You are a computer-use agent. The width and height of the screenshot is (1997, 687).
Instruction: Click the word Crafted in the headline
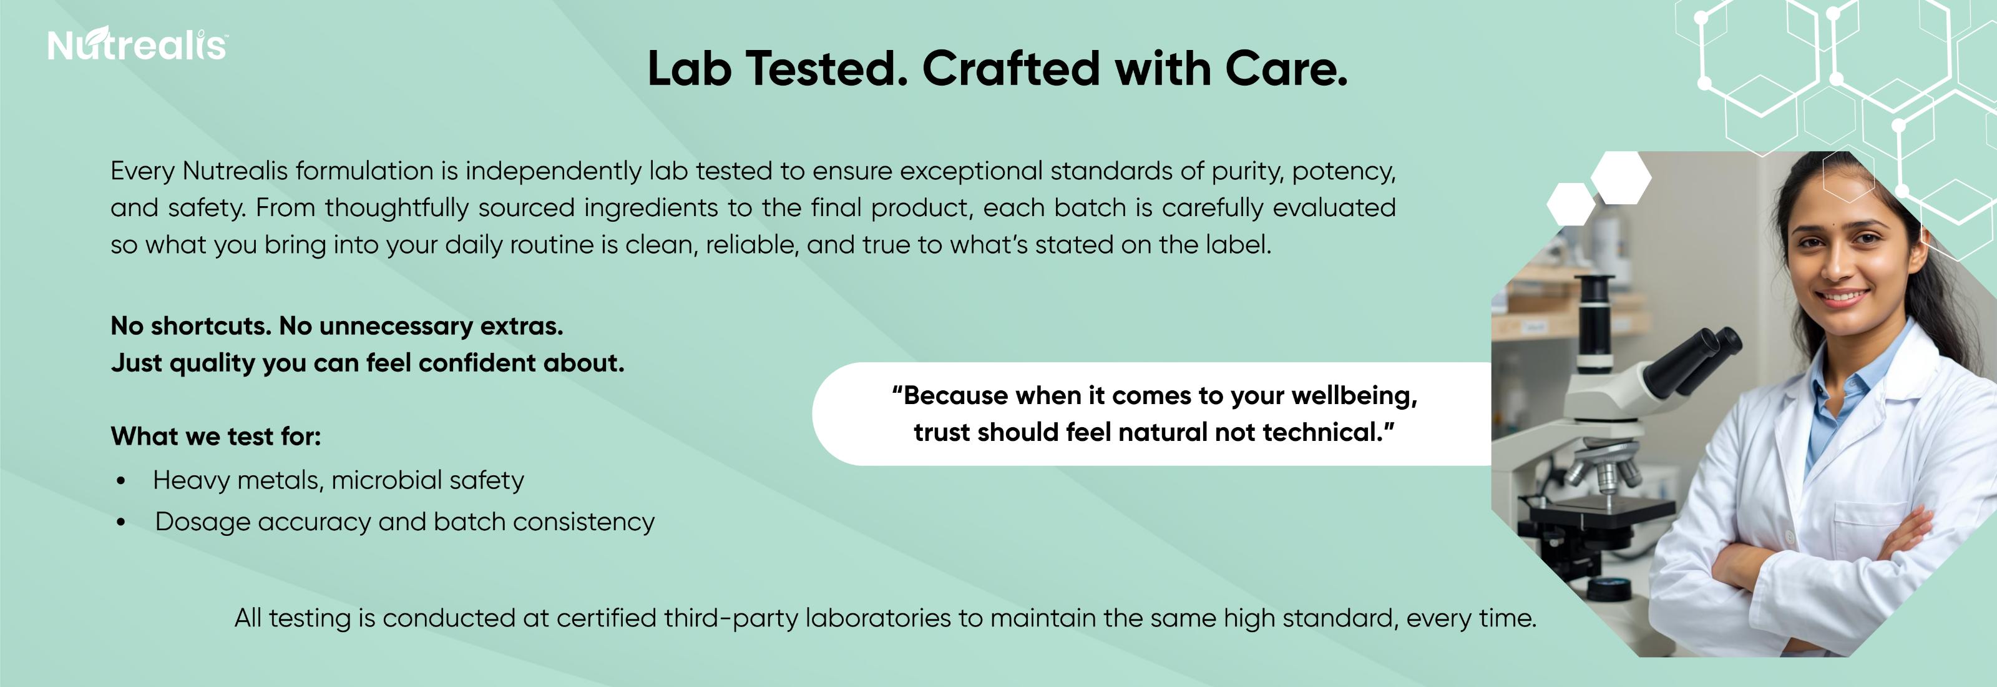pyautogui.click(x=1011, y=69)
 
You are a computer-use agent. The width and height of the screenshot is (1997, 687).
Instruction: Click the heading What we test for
pyautogui.click(x=215, y=437)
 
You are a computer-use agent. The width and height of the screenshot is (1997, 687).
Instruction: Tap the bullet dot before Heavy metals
pyautogui.click(x=121, y=482)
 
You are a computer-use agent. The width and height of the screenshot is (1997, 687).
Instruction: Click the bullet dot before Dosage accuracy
pyautogui.click(x=121, y=523)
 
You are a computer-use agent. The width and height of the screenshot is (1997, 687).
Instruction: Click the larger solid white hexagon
pyautogui.click(x=1621, y=177)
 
